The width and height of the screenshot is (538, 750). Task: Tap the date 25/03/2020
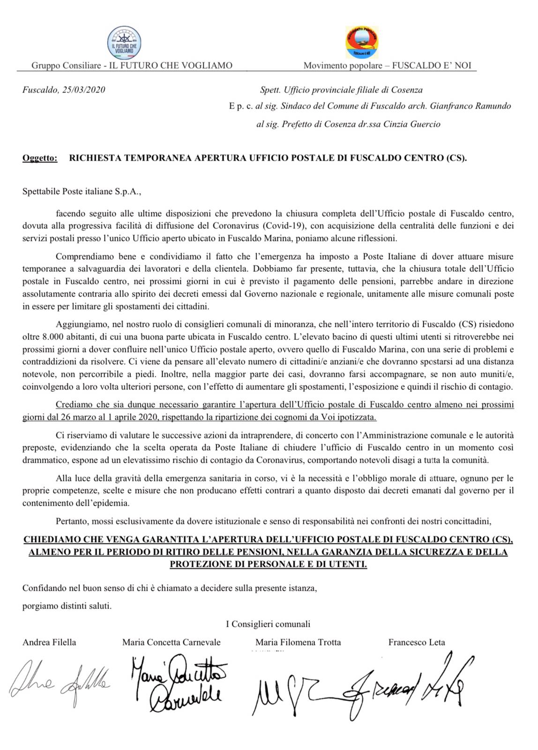[84, 90]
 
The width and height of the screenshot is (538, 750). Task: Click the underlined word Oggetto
[40, 158]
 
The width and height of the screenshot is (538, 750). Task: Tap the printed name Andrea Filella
[49, 642]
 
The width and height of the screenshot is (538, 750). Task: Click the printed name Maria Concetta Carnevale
[171, 642]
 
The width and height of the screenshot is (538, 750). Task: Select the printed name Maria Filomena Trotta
[298, 642]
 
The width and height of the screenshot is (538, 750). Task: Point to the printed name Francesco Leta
[417, 642]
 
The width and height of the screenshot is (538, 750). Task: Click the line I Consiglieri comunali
[268, 624]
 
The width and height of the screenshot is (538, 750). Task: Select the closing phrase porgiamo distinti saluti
[67, 606]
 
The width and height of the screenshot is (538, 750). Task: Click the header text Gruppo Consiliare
[66, 66]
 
